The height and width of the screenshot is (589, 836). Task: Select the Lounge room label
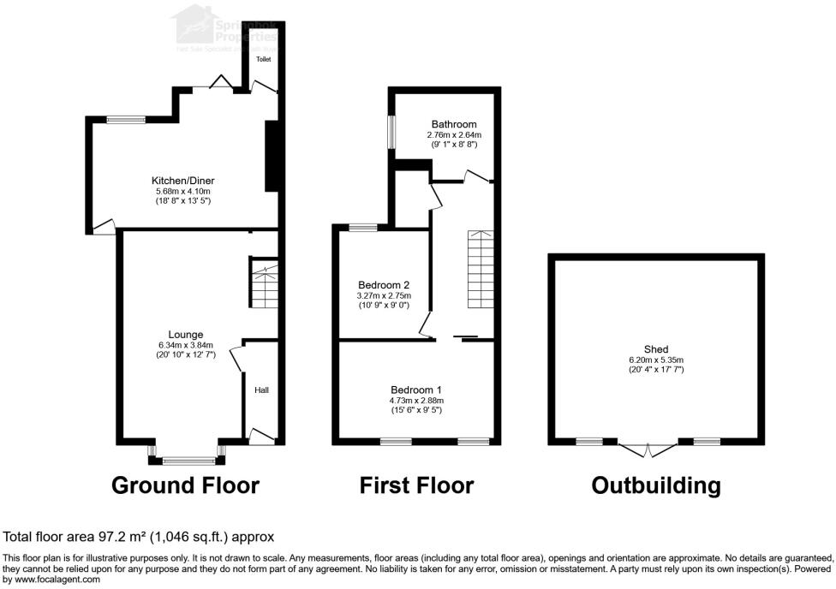pyautogui.click(x=186, y=335)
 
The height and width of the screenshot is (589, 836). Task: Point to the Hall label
pyautogui.click(x=261, y=390)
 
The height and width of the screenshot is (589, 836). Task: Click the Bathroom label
pyautogui.click(x=454, y=125)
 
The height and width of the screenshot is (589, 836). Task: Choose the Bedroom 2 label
pyautogui.click(x=384, y=285)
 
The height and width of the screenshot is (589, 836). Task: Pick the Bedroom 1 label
pyautogui.click(x=417, y=390)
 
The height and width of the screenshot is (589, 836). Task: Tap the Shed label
pyautogui.click(x=656, y=349)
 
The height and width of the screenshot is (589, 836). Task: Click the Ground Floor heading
pyautogui.click(x=185, y=485)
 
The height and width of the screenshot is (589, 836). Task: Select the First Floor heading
pyautogui.click(x=416, y=485)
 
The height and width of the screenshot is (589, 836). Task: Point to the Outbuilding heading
pyautogui.click(x=656, y=485)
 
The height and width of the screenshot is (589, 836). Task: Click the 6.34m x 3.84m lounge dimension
pyautogui.click(x=186, y=345)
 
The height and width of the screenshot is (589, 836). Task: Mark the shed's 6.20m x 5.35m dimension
pyautogui.click(x=656, y=360)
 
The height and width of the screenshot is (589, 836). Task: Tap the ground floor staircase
pyautogui.click(x=264, y=283)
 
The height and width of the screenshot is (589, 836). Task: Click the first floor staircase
pyautogui.click(x=480, y=270)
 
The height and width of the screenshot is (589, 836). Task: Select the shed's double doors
pyautogui.click(x=648, y=448)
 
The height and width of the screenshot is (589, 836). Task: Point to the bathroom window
pyautogui.click(x=391, y=132)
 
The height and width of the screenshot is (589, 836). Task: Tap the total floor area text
pyautogui.click(x=139, y=538)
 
